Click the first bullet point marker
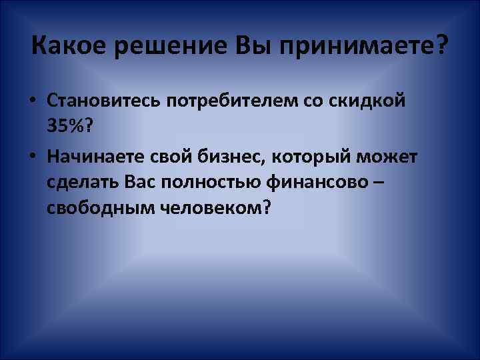(32, 101)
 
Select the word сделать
(80, 182)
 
